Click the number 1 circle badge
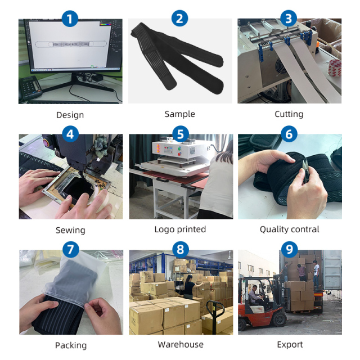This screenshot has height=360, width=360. click(70, 19)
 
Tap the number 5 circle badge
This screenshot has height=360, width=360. click(180, 134)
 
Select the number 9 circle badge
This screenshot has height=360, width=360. click(289, 249)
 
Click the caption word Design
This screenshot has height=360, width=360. click(70, 115)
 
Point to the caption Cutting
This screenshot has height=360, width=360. click(289, 114)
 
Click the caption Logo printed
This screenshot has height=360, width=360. click(180, 229)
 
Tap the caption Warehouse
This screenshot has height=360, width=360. click(181, 344)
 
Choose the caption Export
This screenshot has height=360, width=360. click(290, 344)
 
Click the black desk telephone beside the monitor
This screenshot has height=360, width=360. click(30, 88)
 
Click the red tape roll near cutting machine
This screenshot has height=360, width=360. click(334, 68)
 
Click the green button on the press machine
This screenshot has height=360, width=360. click(179, 148)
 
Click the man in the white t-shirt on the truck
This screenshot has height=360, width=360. click(316, 274)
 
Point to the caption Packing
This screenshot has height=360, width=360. click(71, 345)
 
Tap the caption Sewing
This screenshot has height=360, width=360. click(70, 230)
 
